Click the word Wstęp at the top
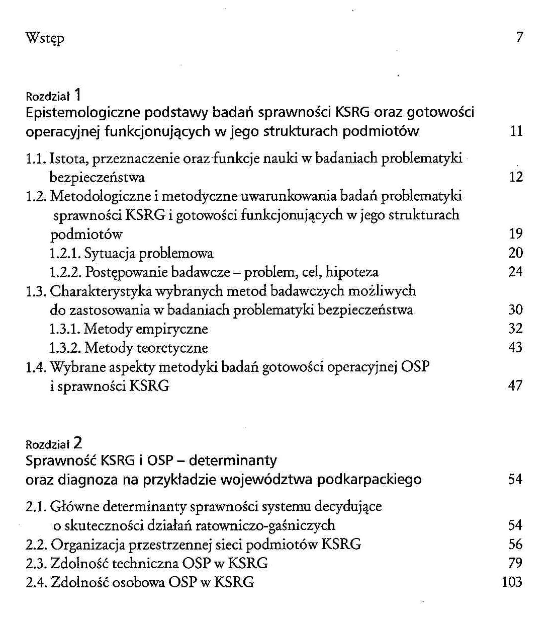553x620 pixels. (45, 38)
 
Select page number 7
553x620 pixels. (519, 37)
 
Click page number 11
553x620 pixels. (516, 131)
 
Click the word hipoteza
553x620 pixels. (352, 272)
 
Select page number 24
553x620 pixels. (516, 272)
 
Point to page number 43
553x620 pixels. (516, 347)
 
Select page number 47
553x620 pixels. (516, 385)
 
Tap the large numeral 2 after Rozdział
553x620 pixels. (77, 443)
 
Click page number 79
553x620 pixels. (516, 563)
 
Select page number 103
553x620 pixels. (512, 582)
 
